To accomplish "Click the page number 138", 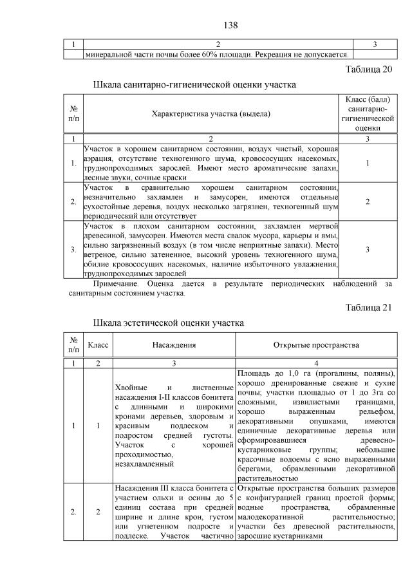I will coord(230,25).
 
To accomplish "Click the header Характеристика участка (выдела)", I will coord(211,114).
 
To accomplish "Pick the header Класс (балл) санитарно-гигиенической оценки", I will coord(367,114).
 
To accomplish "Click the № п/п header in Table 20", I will coord(73,114).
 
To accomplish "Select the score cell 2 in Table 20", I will coord(367,202).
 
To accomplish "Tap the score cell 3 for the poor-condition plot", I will coord(367,249).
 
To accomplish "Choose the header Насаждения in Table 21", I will coord(174,345).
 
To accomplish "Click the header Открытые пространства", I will coord(316,345).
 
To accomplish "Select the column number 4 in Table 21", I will coord(316,364).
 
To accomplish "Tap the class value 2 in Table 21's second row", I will coord(98,512).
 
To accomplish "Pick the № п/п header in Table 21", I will coord(73,345).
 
